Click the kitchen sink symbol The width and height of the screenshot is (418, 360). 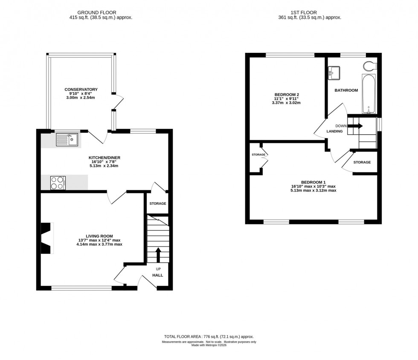[67, 139]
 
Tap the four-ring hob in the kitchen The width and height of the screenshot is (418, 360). [58, 183]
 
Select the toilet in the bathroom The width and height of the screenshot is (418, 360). [369, 66]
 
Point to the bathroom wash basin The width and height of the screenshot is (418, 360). [334, 73]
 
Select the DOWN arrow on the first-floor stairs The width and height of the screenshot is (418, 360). [357, 126]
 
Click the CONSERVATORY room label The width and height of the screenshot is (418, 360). [81, 90]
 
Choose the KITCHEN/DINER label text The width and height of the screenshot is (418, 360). [104, 157]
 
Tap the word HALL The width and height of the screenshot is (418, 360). [158, 275]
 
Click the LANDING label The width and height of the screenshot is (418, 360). [335, 131]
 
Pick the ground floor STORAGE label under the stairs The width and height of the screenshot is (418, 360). [157, 203]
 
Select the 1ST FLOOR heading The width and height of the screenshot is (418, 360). [310, 13]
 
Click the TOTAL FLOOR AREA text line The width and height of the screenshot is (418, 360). [209, 337]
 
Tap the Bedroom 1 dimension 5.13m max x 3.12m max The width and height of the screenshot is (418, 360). [313, 190]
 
